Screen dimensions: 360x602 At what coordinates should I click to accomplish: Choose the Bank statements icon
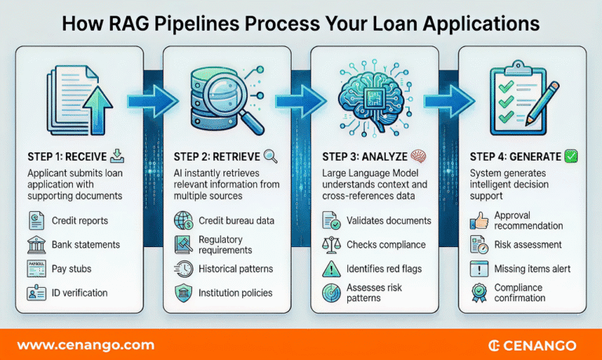[x=36, y=245]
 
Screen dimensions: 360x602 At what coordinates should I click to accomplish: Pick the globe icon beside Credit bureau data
[x=183, y=221]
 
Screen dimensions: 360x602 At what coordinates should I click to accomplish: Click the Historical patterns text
[x=236, y=269]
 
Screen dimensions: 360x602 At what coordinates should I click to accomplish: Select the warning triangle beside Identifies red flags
[x=330, y=269]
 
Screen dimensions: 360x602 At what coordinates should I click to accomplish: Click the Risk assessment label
[x=528, y=245]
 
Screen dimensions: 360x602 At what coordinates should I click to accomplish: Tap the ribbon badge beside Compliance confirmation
[x=477, y=293]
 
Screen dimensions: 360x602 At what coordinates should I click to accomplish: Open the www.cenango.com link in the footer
[x=85, y=345]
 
